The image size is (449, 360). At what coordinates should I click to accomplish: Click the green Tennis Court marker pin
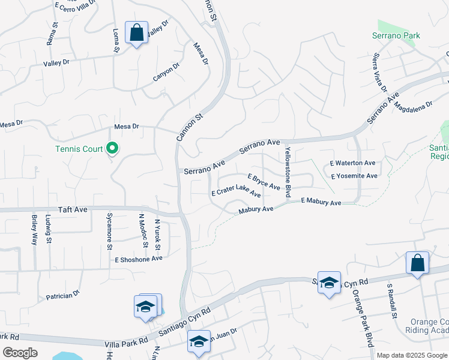point(112,148)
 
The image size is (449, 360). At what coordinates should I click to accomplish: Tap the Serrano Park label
point(398,36)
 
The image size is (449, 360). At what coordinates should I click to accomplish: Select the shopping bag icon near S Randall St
point(417,263)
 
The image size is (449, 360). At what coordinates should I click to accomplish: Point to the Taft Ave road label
point(73,210)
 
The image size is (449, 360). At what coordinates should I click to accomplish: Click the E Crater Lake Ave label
point(236,194)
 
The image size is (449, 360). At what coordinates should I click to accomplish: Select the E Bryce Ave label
point(264,182)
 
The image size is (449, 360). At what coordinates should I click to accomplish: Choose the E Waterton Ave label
point(353,163)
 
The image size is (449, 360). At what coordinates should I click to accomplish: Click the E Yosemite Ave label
point(354,176)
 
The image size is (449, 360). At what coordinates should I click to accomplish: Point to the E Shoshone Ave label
point(139,259)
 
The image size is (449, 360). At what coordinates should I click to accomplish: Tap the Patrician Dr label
point(63,296)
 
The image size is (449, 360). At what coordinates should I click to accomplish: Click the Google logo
point(20,353)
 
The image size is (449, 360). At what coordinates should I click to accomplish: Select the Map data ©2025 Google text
point(412,355)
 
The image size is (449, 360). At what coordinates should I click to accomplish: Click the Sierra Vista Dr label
point(379,73)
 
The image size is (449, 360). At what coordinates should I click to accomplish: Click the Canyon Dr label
point(166,73)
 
